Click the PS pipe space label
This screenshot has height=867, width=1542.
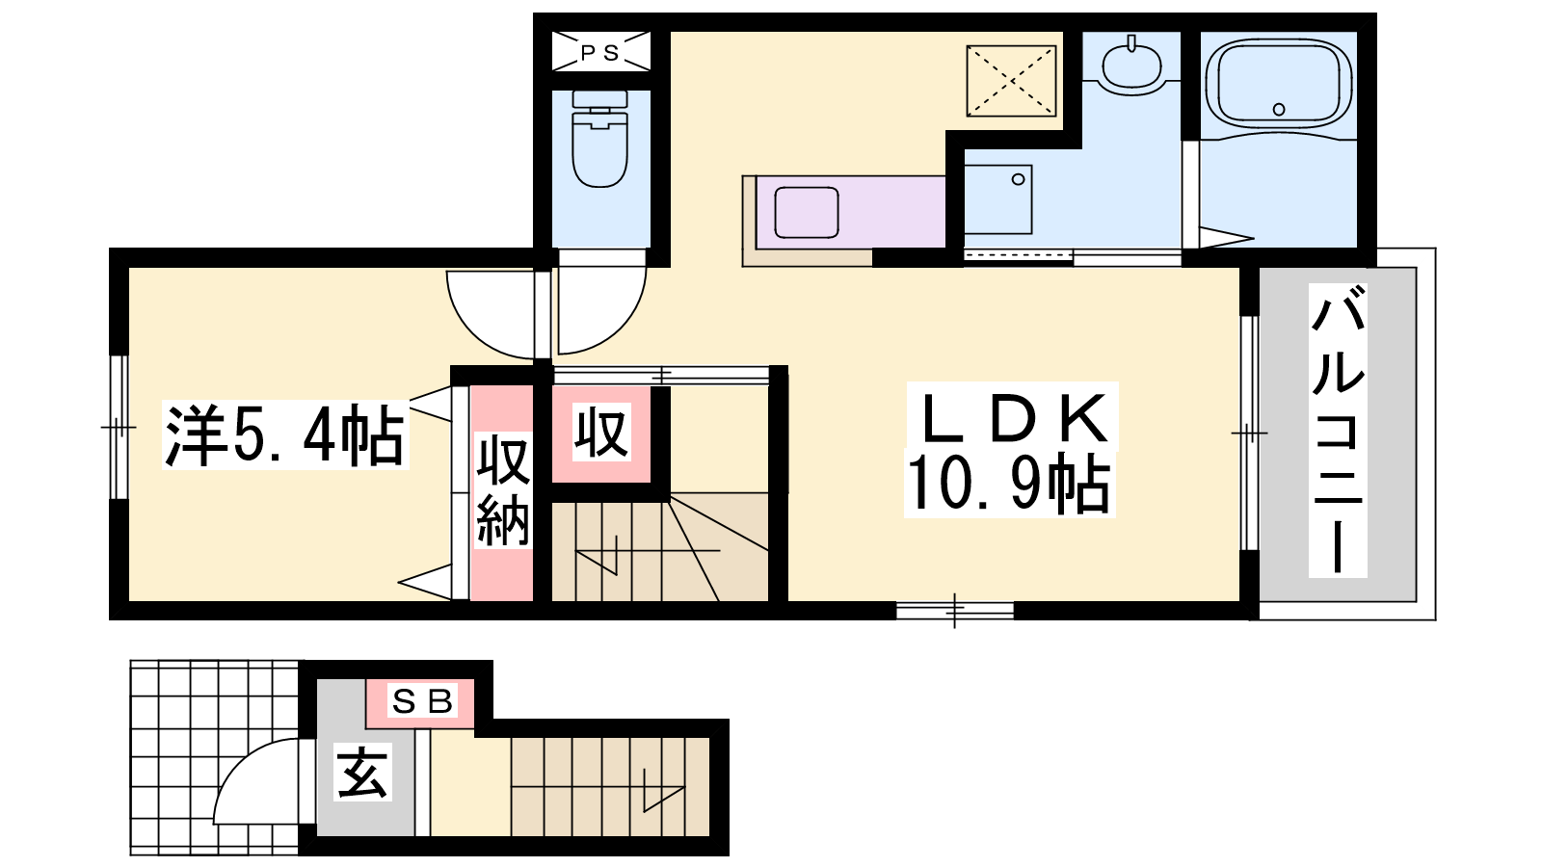[x=600, y=52]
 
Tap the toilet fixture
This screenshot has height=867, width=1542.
[x=599, y=139]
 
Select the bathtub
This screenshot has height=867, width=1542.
[x=1278, y=83]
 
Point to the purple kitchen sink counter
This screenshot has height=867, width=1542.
[x=850, y=211]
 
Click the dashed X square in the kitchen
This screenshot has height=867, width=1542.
[x=1011, y=81]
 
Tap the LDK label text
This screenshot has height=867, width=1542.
[x=1011, y=418]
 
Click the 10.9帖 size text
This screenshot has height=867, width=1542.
[x=1008, y=483]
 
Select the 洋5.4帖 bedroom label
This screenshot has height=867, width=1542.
[x=285, y=435]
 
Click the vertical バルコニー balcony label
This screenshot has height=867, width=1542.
[x=1338, y=430]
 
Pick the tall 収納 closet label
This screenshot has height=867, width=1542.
[x=502, y=490]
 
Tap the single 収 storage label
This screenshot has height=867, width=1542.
[x=601, y=433]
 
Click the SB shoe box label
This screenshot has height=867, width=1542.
[x=421, y=701]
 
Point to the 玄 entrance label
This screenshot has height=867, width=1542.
[x=362, y=772]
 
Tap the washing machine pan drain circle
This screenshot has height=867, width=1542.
[x=1018, y=179]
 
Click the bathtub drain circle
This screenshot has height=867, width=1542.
[x=1278, y=110]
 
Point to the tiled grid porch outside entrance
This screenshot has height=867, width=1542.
[x=215, y=757]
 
